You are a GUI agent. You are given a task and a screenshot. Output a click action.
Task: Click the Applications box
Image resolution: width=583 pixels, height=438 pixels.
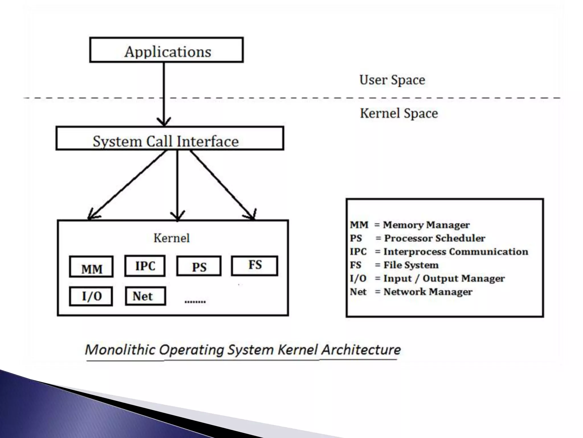(x=167, y=50)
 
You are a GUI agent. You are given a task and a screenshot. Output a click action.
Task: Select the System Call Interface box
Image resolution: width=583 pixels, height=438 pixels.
(x=170, y=139)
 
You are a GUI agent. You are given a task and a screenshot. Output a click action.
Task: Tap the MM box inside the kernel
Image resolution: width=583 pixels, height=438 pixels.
(x=91, y=267)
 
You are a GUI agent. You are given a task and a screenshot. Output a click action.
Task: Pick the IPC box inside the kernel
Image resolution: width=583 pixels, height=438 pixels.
(x=145, y=266)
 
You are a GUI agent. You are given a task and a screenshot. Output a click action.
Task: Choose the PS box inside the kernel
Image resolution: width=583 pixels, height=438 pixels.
(x=199, y=266)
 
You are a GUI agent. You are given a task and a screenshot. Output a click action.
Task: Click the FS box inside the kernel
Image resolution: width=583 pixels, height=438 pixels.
(x=254, y=266)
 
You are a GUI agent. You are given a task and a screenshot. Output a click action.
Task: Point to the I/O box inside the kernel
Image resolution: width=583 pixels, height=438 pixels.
(x=91, y=296)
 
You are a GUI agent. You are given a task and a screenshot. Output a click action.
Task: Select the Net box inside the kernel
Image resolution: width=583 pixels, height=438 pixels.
(x=145, y=296)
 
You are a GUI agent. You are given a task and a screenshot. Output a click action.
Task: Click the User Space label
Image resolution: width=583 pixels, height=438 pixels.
(x=392, y=80)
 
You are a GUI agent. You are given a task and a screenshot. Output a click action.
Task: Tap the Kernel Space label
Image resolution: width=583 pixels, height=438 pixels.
(x=399, y=113)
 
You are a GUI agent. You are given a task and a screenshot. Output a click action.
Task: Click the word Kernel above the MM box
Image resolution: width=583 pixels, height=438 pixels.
(x=171, y=238)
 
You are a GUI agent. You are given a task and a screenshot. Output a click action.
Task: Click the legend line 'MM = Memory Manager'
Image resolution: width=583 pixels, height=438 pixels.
(x=410, y=225)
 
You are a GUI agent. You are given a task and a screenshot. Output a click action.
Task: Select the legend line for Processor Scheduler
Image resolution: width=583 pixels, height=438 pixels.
(x=417, y=238)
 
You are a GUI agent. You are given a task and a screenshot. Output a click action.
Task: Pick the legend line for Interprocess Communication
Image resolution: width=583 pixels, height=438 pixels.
(x=439, y=252)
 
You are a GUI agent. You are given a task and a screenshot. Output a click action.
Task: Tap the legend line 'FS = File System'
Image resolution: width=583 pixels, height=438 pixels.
(x=394, y=265)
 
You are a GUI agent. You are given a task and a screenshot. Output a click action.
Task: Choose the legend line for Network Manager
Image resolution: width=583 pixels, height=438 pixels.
(x=411, y=292)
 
